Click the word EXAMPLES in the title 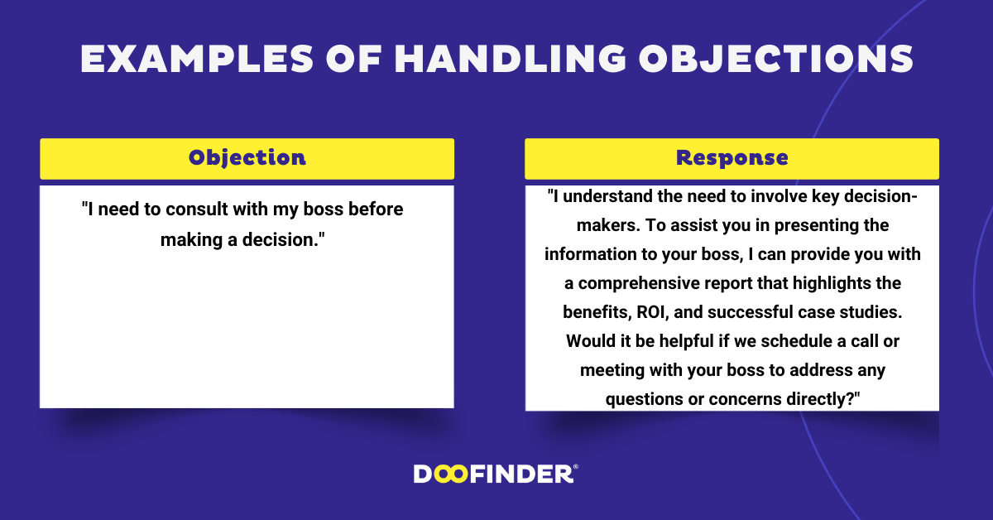point(197,59)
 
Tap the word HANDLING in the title point(511,59)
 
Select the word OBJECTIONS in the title point(775,59)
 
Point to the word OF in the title point(354,59)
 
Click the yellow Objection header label point(247,158)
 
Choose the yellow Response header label point(732,158)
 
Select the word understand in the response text point(607,196)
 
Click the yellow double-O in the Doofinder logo point(451,474)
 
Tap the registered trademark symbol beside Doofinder point(576,467)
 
